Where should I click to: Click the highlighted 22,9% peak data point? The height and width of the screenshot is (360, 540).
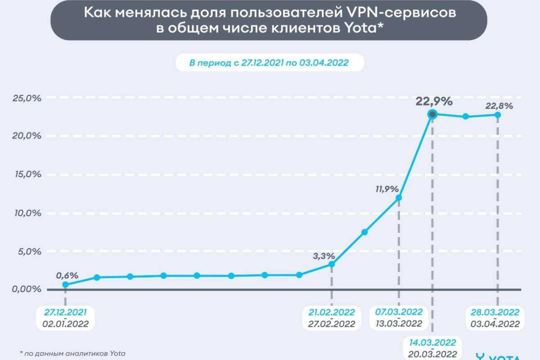(432, 114)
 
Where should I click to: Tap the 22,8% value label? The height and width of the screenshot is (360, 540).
(499, 106)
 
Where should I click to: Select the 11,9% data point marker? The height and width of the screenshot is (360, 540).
(399, 198)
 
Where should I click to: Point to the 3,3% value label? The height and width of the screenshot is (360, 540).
(324, 256)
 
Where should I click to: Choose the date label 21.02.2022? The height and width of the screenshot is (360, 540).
(332, 312)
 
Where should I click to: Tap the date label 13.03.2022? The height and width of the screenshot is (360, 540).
(399, 324)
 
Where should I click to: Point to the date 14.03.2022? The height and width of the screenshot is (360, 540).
(432, 343)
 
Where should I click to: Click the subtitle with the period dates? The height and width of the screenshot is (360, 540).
(269, 63)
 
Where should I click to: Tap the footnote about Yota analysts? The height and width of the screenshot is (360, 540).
(72, 353)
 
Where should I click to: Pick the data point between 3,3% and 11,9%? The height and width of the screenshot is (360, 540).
(365, 232)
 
